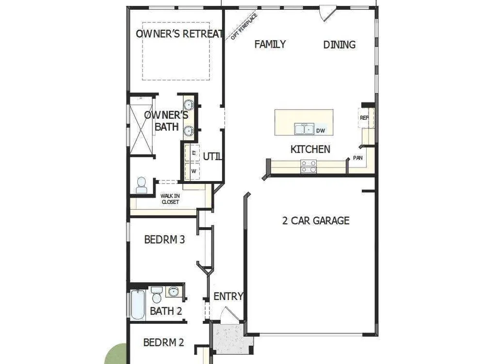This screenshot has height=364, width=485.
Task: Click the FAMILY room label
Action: tap(270, 44)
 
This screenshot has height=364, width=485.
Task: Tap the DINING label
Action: tap(339, 45)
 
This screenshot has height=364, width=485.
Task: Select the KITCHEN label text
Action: tap(310, 149)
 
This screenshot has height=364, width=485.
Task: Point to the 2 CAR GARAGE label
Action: tap(316, 220)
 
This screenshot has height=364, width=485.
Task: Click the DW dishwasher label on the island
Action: tap(321, 131)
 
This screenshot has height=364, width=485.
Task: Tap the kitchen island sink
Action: tap(304, 129)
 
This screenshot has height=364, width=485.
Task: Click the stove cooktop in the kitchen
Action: tap(308, 166)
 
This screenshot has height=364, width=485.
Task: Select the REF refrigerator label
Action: tap(364, 117)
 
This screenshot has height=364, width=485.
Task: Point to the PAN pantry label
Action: tap(358, 158)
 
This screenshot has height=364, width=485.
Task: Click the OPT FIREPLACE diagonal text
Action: tap(244, 27)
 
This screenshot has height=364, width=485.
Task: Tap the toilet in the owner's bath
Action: tap(141, 185)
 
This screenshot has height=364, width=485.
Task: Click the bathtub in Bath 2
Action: tap(138, 305)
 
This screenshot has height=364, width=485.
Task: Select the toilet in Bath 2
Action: tap(157, 295)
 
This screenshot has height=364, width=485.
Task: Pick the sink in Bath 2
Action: tap(174, 292)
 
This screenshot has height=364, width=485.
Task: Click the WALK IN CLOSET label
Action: tap(170, 199)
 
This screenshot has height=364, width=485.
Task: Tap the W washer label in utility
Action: tap(194, 171)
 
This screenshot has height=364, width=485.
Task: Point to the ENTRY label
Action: tap(228, 296)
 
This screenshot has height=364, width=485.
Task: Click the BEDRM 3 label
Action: tap(164, 239)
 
